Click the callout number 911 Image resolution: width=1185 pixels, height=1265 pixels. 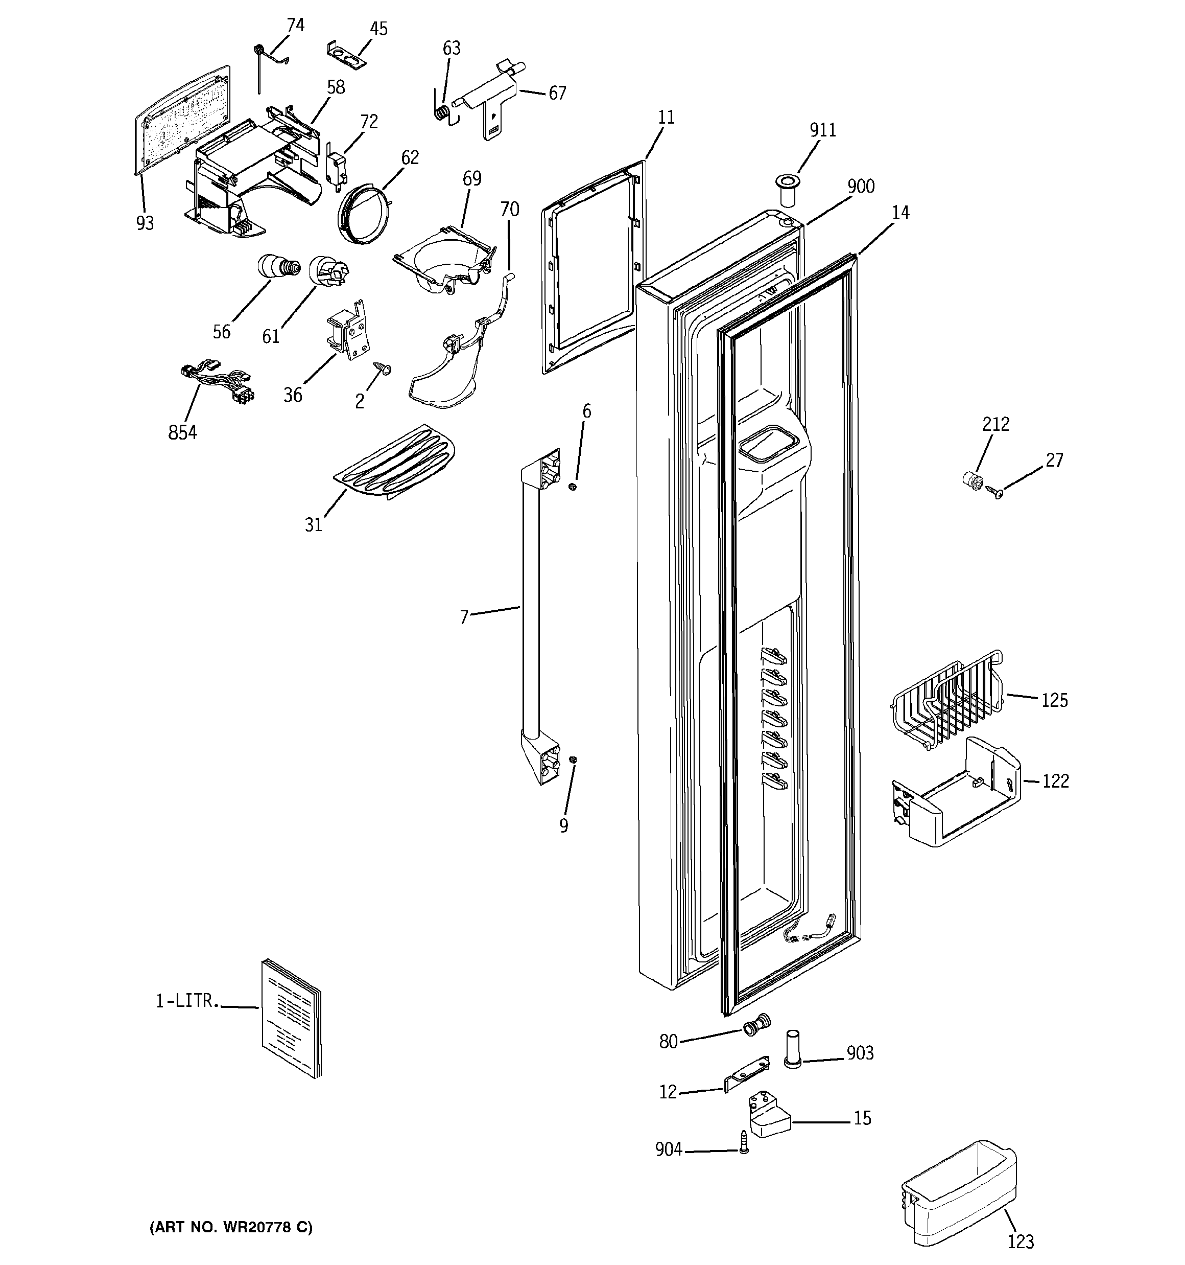coord(822,130)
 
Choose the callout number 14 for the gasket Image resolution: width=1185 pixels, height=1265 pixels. coord(900,213)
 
